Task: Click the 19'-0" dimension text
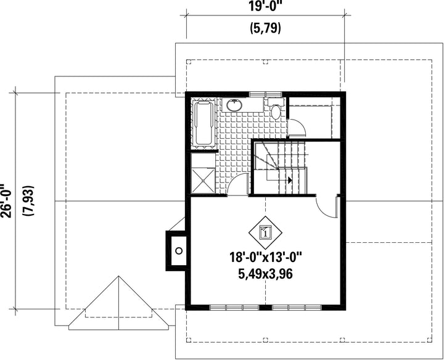point(266,6)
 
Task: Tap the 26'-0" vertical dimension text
point(6,201)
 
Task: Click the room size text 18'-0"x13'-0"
point(266,258)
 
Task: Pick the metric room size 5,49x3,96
point(265,274)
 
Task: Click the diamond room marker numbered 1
point(265,232)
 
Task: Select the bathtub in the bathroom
point(203,123)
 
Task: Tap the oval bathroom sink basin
point(234,105)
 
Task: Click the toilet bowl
point(276,112)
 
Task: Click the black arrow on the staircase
point(289,180)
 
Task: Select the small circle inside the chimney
point(179,250)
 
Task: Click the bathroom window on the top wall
point(265,94)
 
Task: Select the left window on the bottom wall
point(234,308)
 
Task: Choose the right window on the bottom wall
point(297,308)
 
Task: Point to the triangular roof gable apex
point(118,276)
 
